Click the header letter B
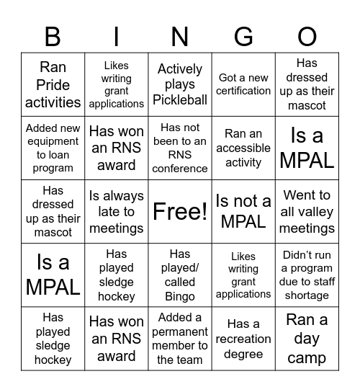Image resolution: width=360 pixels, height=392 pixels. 53,36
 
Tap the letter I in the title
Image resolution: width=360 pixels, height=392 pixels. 117,36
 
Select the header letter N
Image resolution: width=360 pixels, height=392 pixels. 180,36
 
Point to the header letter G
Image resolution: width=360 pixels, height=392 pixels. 243,36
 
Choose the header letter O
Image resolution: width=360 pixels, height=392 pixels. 307,36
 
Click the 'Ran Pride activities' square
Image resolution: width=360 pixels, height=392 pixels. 53,84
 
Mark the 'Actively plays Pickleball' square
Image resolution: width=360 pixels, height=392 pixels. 180,84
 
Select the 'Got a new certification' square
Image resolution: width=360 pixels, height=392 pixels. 243,84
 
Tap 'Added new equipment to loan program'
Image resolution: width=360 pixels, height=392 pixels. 53,148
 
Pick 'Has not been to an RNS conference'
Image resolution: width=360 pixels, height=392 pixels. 180,148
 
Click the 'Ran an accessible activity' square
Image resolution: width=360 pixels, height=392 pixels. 243,148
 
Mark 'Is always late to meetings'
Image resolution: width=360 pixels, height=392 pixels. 117,211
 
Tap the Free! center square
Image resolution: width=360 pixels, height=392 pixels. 180,211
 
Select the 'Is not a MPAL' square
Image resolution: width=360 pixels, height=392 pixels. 243,211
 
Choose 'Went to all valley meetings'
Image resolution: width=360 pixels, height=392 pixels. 307,211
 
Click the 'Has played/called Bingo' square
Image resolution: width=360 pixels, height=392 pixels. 180,275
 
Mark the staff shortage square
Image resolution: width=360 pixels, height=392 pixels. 307,275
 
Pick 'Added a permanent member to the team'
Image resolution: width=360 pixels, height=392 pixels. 180,338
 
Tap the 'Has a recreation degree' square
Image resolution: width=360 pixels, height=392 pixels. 243,338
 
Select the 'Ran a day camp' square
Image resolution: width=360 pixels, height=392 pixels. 307,338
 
